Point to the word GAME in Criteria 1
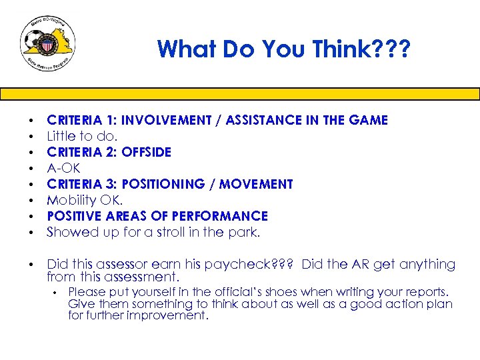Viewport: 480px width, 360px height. click(x=369, y=120)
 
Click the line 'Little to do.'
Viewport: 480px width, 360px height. click(x=81, y=136)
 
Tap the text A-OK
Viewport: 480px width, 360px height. click(x=63, y=168)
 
